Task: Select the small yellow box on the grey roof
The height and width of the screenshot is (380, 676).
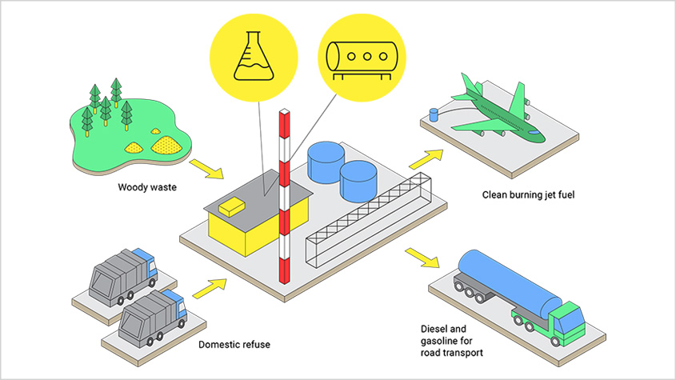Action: tap(230, 206)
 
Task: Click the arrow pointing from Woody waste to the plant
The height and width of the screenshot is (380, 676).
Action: tap(204, 168)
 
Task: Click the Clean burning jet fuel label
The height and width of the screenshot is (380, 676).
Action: tap(528, 194)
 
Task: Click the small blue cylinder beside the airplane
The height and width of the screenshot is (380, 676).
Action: tap(434, 114)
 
